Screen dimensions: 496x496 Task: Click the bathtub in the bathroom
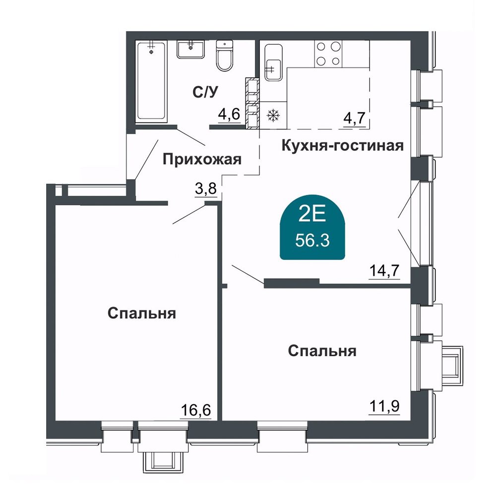click(x=151, y=82)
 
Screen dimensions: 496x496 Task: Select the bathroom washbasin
click(x=190, y=49)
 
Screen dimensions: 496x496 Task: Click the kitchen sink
click(x=273, y=62)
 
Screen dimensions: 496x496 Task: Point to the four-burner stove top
click(x=328, y=54)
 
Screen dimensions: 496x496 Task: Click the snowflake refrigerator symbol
click(x=272, y=116)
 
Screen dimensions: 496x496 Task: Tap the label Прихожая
click(x=202, y=159)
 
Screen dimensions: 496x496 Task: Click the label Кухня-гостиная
click(x=343, y=146)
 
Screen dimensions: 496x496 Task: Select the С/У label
click(x=205, y=92)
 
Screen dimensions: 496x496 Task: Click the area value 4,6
click(x=229, y=114)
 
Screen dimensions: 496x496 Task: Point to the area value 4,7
click(x=354, y=119)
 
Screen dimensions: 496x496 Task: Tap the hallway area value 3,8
click(x=206, y=189)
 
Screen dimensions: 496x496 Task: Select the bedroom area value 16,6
click(x=196, y=411)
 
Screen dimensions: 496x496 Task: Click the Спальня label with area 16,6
click(x=142, y=314)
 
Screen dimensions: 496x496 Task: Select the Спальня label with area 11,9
click(x=322, y=351)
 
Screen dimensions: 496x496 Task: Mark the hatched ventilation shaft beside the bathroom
click(x=252, y=103)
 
